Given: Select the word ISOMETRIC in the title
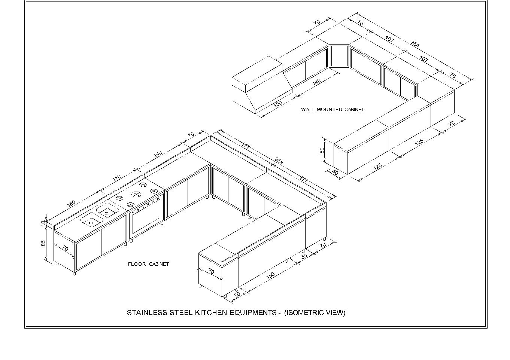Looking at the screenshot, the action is coord(305,313).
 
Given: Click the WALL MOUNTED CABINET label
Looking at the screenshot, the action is coord(333,109).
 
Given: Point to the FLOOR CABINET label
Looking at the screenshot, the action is coord(148,264).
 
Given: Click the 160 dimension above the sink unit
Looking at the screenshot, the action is coord(71,203).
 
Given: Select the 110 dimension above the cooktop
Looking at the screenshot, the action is coord(116,177).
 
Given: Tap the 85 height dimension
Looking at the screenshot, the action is coord(43,243).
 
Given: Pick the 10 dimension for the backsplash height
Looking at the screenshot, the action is coord(43,223).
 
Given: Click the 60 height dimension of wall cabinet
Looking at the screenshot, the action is coord(322,150).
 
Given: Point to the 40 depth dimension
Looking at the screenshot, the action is coord(334,173).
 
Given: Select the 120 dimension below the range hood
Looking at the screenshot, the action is coord(278,104).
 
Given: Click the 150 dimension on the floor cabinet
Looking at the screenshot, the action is coord(270,275).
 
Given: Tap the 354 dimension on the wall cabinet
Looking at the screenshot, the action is coord(415,44).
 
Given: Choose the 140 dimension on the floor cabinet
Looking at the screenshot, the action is coord(158,154).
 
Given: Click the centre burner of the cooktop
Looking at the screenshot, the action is coord(136,194).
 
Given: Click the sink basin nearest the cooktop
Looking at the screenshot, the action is coord(107,210).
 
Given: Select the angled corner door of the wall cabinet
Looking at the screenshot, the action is coord(339,56).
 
